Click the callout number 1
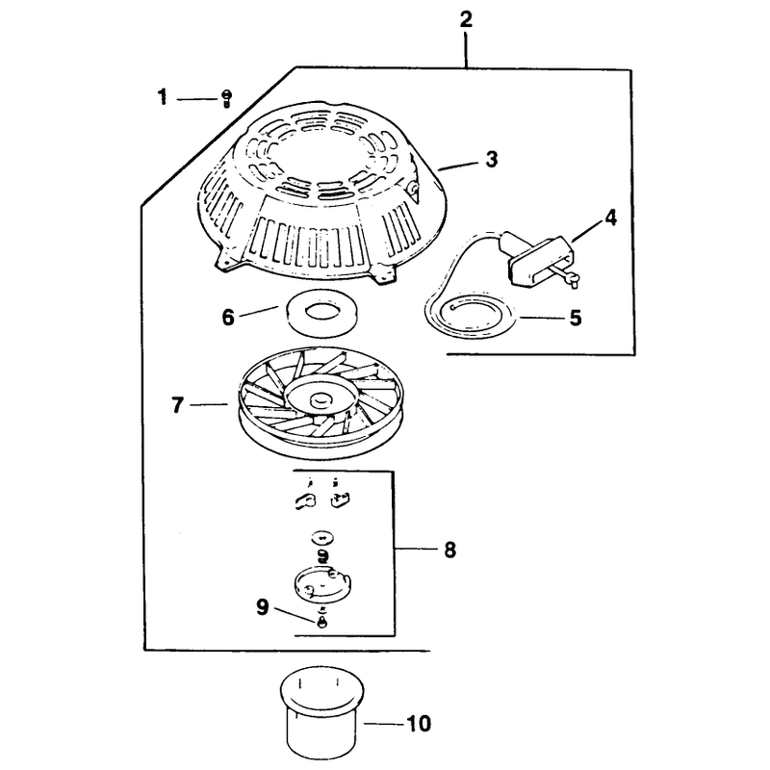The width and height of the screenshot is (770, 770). coord(163,97)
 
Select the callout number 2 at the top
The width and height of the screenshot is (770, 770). coord(466,19)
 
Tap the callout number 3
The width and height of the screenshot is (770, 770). coord(491,160)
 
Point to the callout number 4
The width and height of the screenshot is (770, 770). coord(610,218)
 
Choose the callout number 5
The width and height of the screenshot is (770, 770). coord(576,318)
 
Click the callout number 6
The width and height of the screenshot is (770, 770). coord(228,318)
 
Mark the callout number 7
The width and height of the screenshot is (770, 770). coord(177,405)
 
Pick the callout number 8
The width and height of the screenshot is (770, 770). coord(449,550)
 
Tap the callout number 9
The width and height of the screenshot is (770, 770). coord(263,607)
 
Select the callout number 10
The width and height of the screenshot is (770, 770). coord(419,724)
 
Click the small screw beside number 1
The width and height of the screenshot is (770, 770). coord(226,99)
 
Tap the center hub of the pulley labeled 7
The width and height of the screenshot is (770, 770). coord(321,398)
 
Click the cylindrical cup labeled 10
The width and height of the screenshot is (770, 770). coord(321,712)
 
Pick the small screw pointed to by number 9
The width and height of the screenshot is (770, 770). coord(322,621)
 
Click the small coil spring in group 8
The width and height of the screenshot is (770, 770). coord(323,555)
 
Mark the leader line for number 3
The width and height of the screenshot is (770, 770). coord(458,165)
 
